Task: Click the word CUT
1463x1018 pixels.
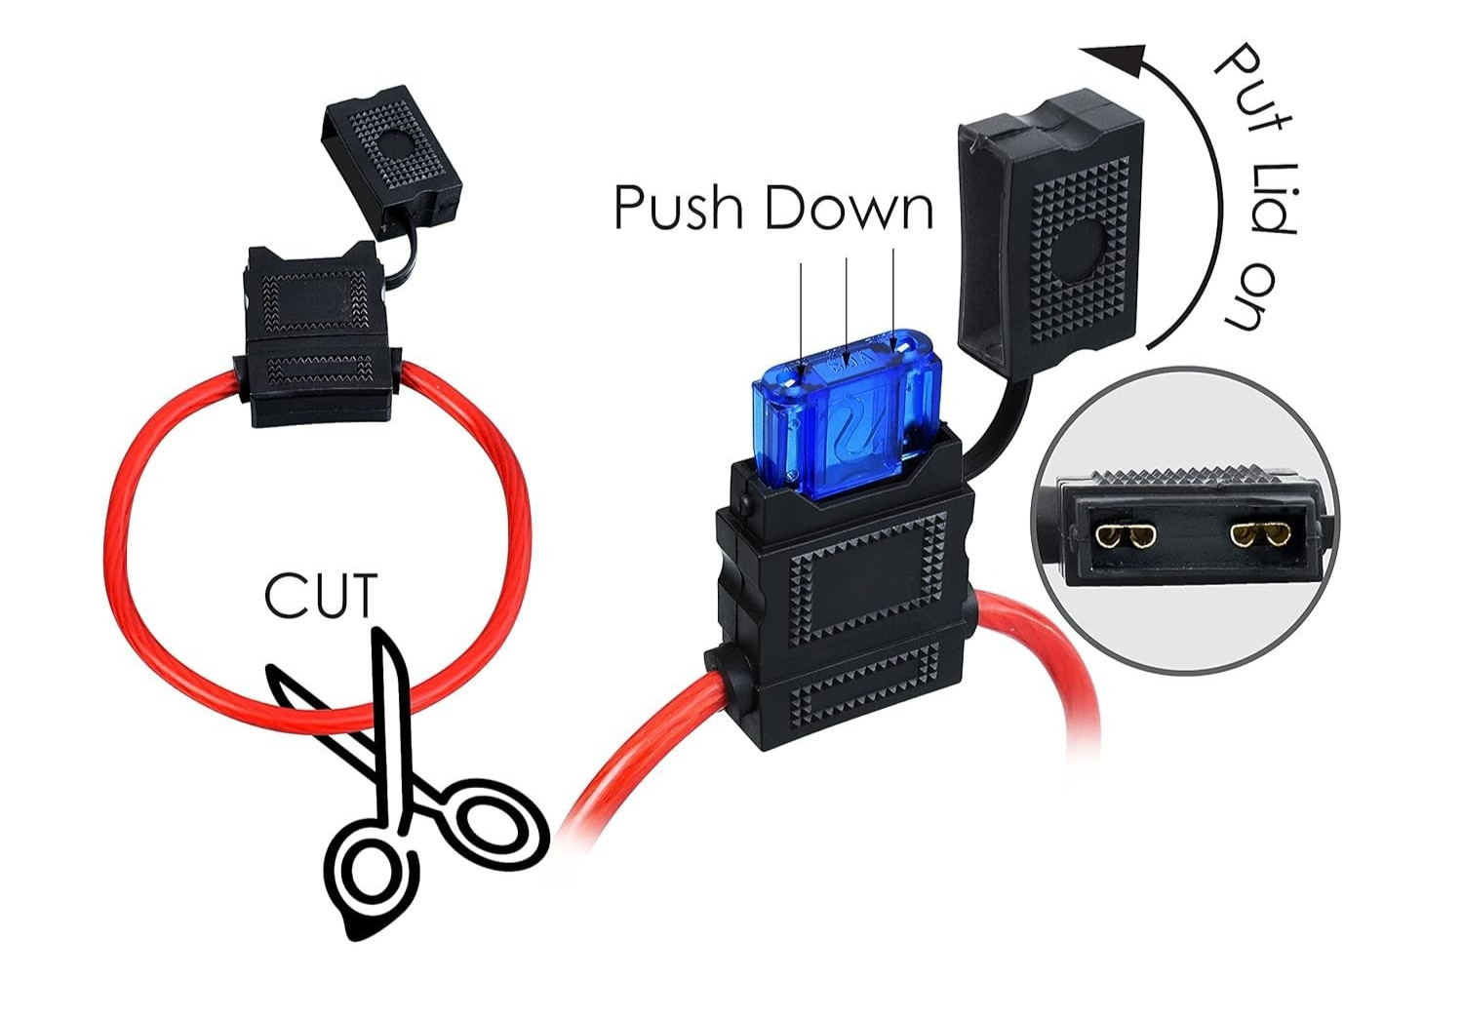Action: [320, 597]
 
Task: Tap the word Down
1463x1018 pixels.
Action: [849, 208]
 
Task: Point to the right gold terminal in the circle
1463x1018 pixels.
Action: [1257, 534]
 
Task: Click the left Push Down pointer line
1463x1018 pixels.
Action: [801, 312]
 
